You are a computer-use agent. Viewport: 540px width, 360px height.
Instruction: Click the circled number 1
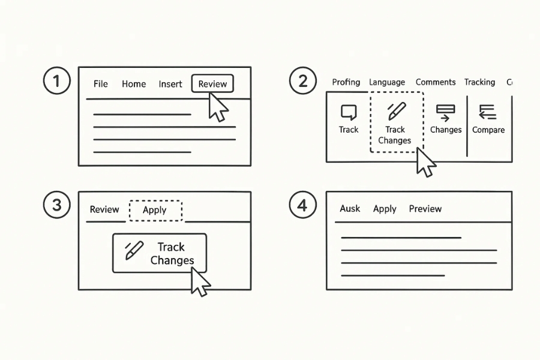click(x=57, y=80)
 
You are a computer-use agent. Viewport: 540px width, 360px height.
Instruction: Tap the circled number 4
click(x=302, y=205)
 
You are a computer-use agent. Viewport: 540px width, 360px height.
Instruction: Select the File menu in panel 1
click(x=100, y=84)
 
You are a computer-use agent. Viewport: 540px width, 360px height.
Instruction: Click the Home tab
click(x=133, y=84)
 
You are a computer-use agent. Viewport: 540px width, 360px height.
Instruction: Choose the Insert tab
click(x=170, y=84)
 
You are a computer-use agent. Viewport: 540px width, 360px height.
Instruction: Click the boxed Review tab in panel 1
click(x=212, y=84)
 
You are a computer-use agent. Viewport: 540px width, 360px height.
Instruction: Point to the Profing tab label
click(x=346, y=82)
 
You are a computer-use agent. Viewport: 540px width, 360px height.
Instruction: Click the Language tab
click(x=387, y=82)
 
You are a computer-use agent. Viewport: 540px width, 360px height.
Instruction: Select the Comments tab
click(x=436, y=82)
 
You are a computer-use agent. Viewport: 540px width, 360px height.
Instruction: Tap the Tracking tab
click(x=479, y=82)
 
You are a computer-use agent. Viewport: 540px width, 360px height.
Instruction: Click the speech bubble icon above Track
click(x=349, y=112)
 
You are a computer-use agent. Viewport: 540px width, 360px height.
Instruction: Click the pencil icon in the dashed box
click(x=396, y=111)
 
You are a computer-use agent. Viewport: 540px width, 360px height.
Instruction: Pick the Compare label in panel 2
click(x=488, y=130)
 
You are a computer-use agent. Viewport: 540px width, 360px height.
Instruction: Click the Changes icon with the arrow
click(x=445, y=112)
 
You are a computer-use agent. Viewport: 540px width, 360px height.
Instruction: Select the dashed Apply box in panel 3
click(x=155, y=210)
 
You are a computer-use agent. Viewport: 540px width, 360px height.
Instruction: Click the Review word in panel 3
click(x=104, y=209)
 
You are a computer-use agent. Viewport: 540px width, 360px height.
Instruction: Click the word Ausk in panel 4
click(x=350, y=209)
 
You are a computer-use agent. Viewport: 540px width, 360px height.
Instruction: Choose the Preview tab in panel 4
click(x=425, y=209)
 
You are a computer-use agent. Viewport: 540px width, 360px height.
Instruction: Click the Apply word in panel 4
click(x=385, y=209)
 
